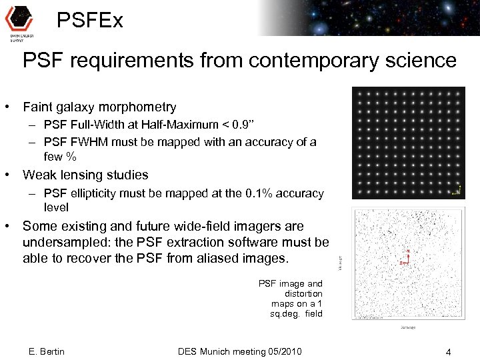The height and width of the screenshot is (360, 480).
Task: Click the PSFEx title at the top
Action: [x=90, y=21]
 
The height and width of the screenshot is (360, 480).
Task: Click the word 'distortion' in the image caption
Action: [x=303, y=293]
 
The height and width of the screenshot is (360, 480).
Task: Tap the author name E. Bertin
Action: [x=47, y=351]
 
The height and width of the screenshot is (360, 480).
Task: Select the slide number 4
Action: [x=449, y=351]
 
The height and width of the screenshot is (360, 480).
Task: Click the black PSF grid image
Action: [x=408, y=142]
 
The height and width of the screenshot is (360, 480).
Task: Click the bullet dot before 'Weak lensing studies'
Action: [x=7, y=175]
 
